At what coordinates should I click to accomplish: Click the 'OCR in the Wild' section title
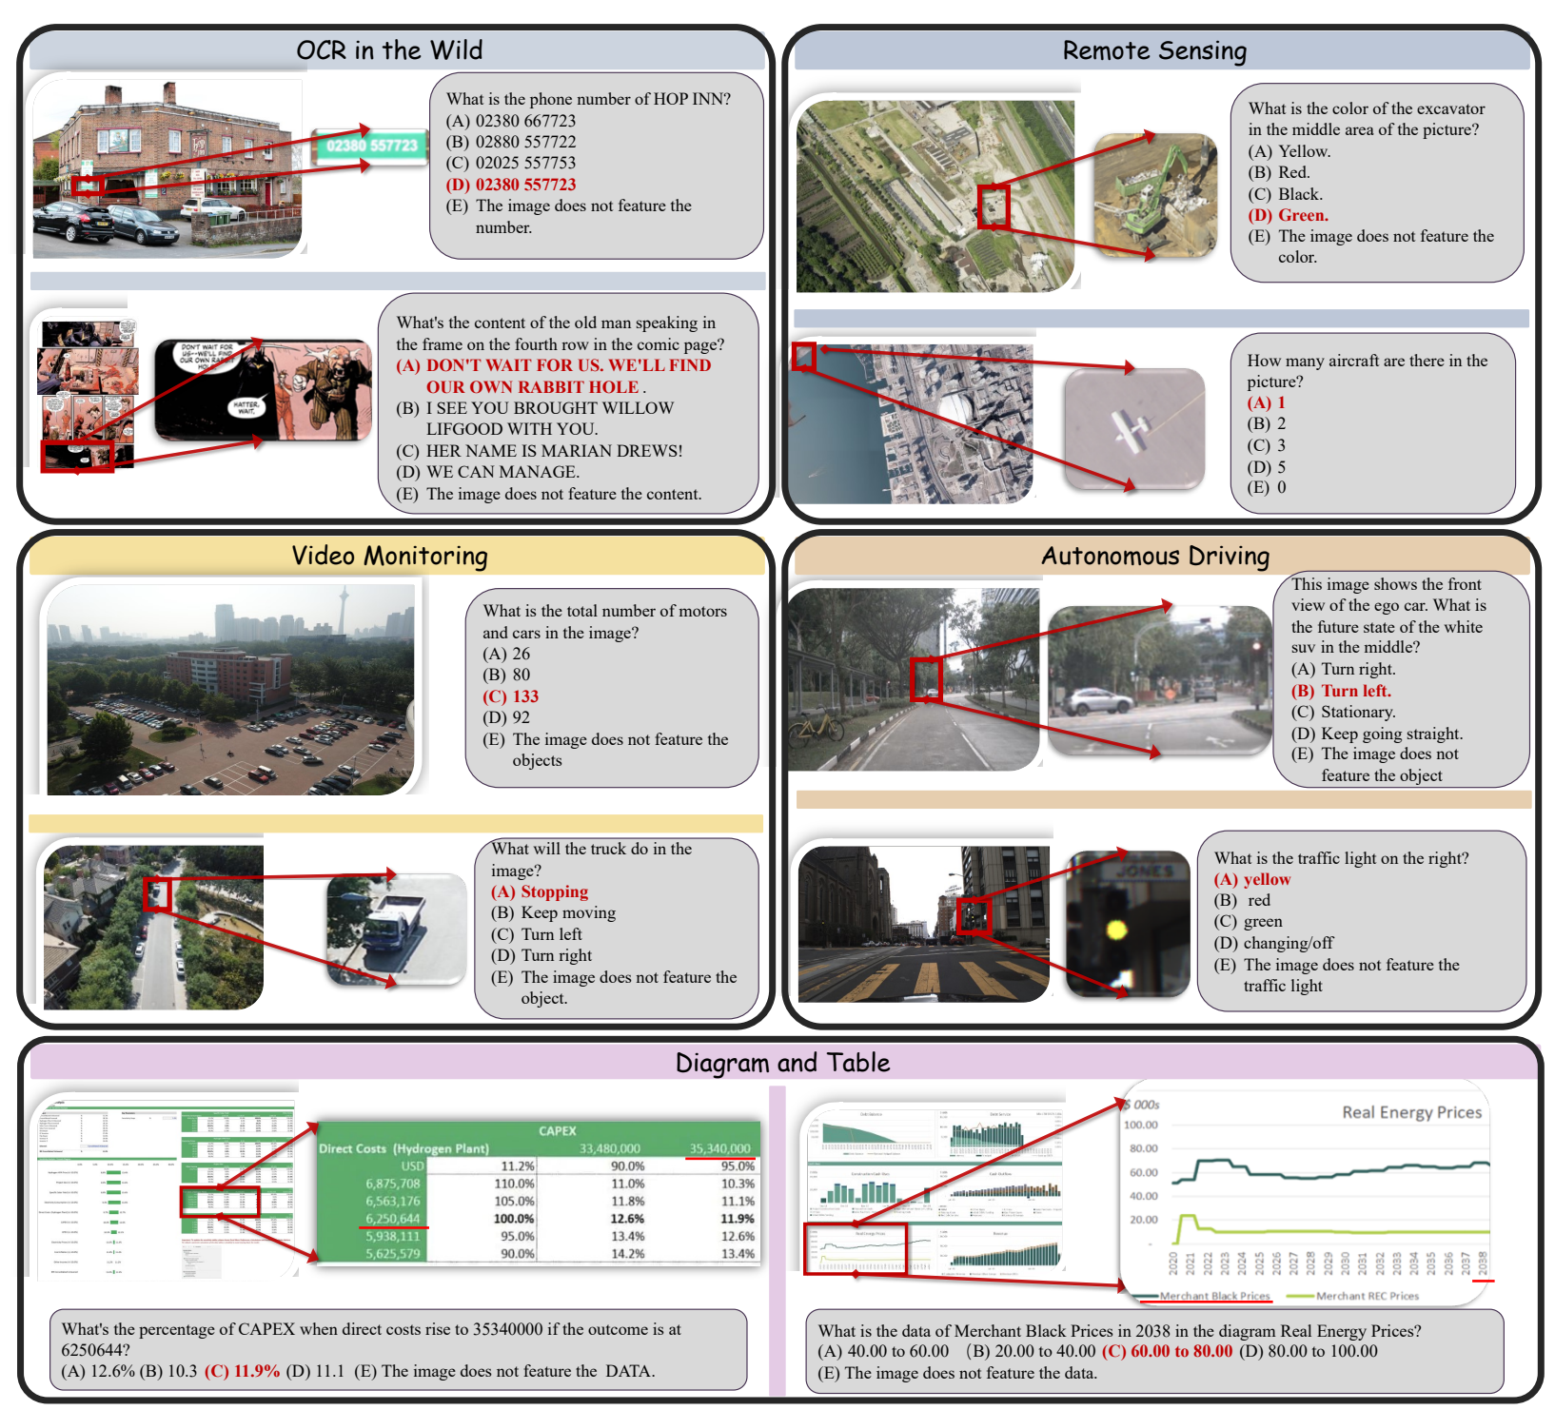coord(389,50)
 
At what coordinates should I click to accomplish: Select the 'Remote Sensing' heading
coord(1154,50)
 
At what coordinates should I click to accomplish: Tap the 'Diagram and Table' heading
coord(782,1063)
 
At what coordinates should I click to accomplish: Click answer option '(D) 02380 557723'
coord(511,185)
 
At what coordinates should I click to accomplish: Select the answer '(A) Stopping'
coord(540,891)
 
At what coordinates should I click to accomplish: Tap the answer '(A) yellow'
coord(1252,879)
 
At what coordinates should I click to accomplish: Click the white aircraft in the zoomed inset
coord(1132,431)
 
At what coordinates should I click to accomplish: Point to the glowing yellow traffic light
coord(1115,929)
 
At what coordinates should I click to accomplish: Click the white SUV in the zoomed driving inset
coord(1099,702)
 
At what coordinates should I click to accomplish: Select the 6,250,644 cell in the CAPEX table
coord(392,1219)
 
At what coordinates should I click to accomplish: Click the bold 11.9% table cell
coord(737,1219)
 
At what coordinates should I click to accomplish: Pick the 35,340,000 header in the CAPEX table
coord(719,1148)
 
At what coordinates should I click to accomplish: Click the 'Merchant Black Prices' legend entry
coord(1214,1296)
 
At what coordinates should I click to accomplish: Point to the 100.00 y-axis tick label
coord(1141,1125)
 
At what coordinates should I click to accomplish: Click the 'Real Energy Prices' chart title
coord(1411,1112)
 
